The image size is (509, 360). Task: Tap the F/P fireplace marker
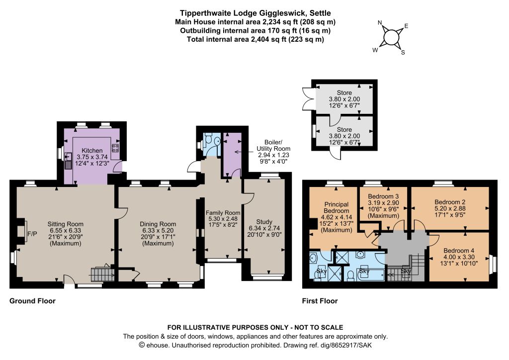click(32, 233)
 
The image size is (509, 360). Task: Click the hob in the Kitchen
click(115, 148)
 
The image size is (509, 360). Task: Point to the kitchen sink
click(68, 161)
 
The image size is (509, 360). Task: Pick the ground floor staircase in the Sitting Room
click(102, 274)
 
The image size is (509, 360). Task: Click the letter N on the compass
click(380, 23)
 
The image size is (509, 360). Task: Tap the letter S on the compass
click(403, 53)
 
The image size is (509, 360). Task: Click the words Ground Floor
click(32, 301)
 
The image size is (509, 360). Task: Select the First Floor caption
click(320, 301)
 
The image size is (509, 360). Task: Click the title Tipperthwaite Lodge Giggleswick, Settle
click(255, 13)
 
